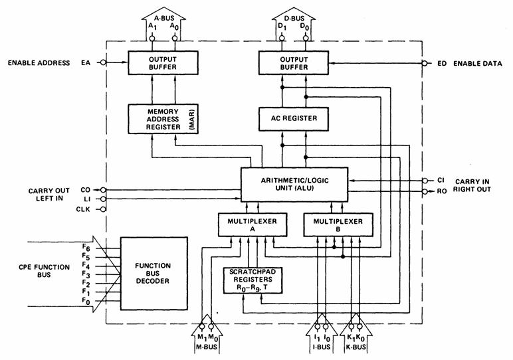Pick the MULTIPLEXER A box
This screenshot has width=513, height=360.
coord(249,225)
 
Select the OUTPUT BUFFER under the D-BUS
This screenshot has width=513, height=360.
coord(294,63)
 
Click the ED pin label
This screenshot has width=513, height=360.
coord(441,64)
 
